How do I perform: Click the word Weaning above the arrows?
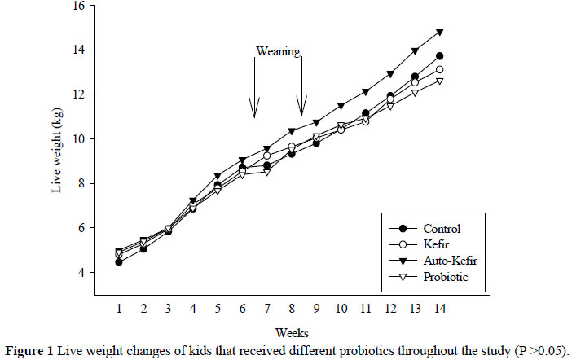click(x=279, y=51)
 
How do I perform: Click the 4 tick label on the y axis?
click(x=81, y=272)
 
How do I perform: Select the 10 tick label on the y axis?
click(x=78, y=138)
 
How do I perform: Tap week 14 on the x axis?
click(x=439, y=310)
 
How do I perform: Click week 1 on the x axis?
click(x=119, y=310)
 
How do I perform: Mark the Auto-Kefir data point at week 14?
click(x=439, y=33)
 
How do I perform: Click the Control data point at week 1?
click(x=119, y=262)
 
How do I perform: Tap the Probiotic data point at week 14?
click(x=439, y=81)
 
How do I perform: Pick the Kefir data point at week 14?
click(x=439, y=69)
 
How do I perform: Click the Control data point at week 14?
click(x=439, y=56)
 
